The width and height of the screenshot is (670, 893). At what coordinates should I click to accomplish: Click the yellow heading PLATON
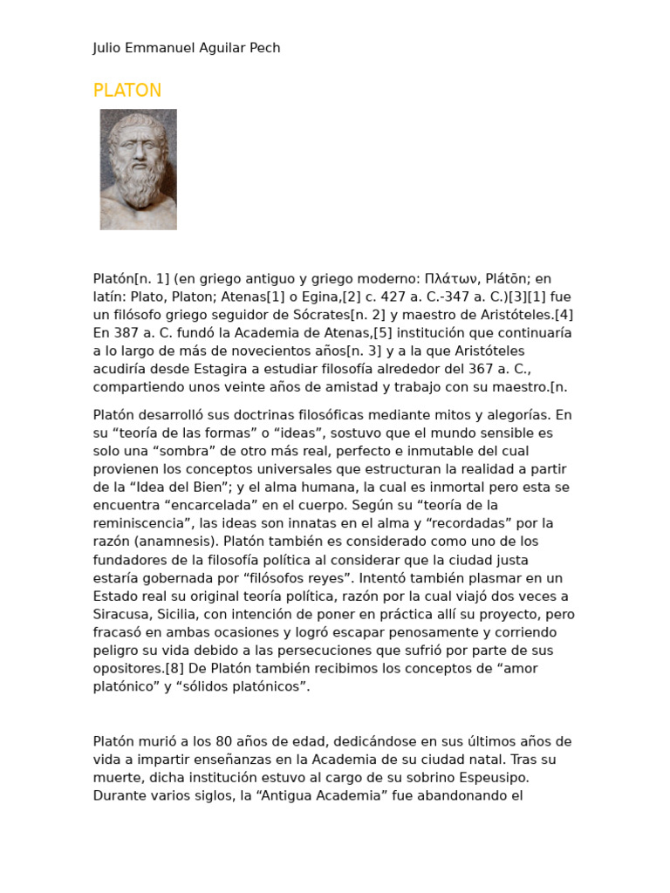tap(127, 91)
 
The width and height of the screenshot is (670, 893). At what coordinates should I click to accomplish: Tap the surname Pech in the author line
tap(264, 48)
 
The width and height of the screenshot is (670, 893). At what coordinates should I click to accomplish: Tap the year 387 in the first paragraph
tap(126, 333)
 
